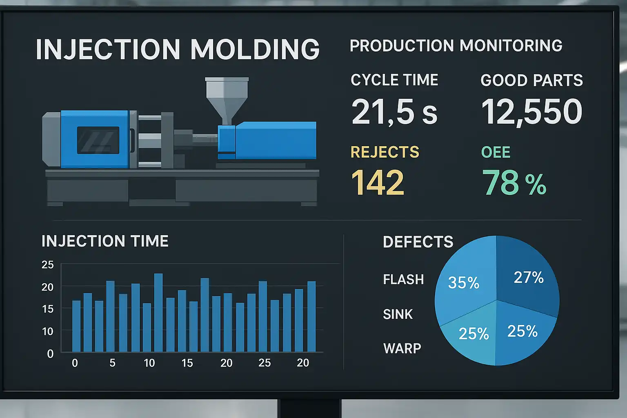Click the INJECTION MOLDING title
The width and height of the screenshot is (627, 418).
(178, 49)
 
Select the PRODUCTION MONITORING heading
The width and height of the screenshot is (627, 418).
(456, 46)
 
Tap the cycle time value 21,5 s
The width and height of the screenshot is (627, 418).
(394, 112)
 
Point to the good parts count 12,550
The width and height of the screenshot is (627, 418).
(531, 112)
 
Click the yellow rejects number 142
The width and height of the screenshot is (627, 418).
(378, 182)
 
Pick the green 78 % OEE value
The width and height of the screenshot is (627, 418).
(514, 182)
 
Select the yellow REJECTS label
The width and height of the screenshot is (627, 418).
(385, 152)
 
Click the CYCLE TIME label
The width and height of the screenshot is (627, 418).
(394, 80)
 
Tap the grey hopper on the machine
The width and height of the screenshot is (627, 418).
(227, 98)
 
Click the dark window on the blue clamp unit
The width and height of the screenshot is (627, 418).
(98, 140)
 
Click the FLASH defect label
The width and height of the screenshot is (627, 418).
(403, 280)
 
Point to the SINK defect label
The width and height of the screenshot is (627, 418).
(398, 314)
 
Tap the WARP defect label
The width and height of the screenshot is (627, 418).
(402, 349)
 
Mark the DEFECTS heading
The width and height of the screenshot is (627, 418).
(418, 242)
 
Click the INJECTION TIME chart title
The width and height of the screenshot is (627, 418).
(105, 241)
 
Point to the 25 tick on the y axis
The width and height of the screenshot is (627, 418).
(48, 265)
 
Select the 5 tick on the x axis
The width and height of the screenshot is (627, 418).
(112, 363)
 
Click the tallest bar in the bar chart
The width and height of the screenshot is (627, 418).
(158, 312)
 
